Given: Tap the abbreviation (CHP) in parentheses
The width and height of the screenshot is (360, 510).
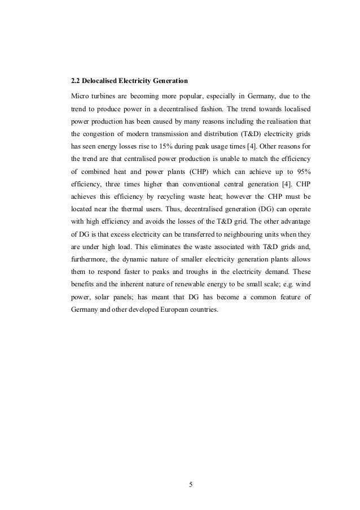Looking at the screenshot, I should pyautogui.click(x=177, y=168).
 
